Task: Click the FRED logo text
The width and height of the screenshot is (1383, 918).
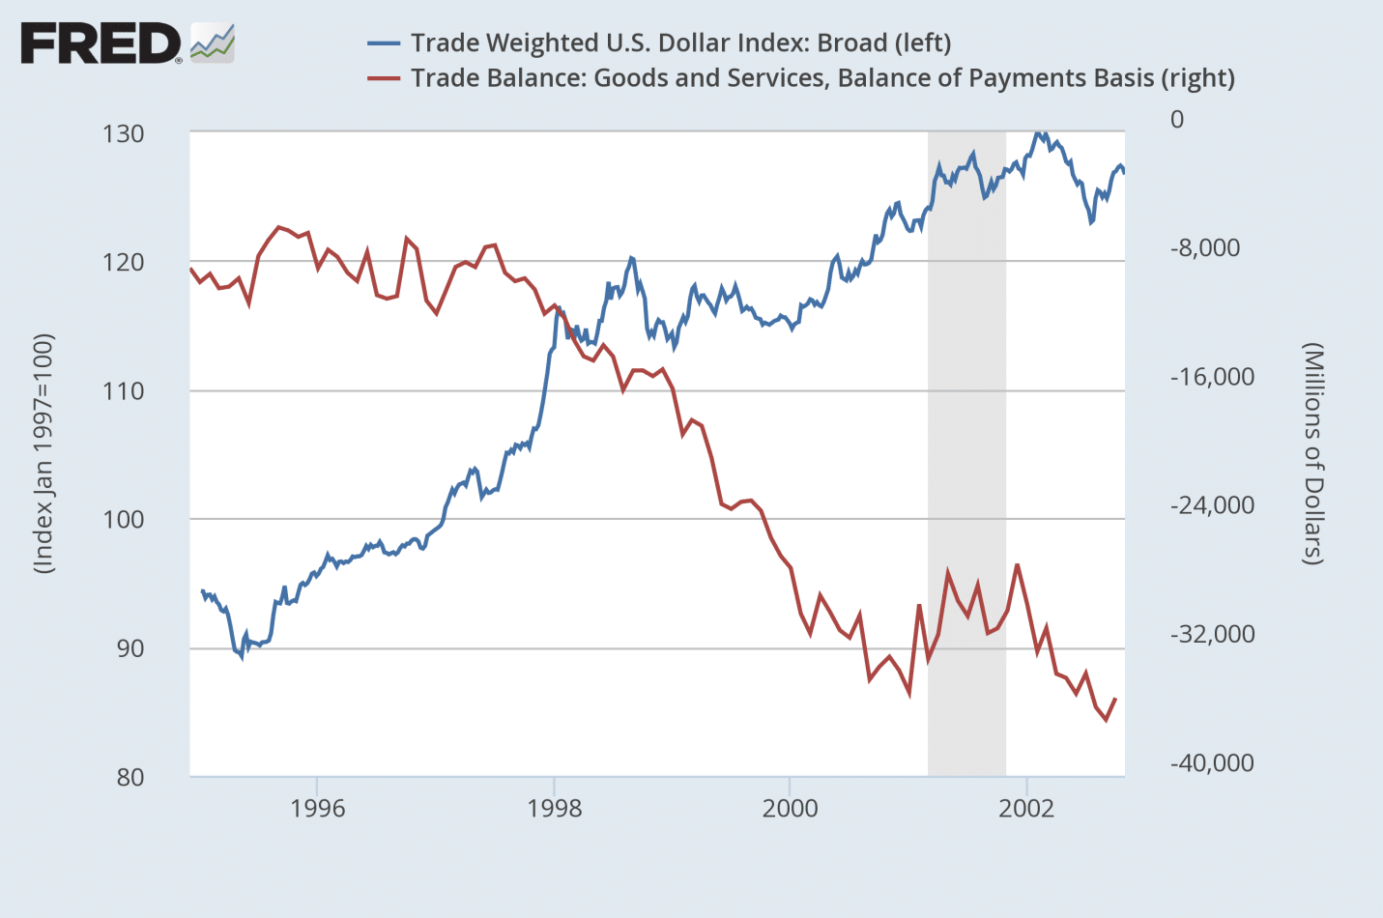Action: click(101, 44)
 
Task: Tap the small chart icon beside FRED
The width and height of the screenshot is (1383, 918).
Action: click(213, 43)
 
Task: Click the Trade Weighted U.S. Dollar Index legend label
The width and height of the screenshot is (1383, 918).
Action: click(680, 43)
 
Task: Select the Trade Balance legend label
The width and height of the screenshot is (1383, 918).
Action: click(822, 78)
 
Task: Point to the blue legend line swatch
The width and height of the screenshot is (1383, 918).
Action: click(384, 43)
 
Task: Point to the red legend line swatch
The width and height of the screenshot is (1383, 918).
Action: click(384, 78)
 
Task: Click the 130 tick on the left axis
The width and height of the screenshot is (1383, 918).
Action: click(124, 133)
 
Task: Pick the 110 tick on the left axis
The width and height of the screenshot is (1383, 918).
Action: click(124, 391)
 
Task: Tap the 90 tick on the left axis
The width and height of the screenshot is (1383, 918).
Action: click(130, 648)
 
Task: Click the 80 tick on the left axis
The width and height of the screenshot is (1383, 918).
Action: click(130, 777)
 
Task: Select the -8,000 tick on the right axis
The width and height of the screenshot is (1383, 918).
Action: click(1205, 247)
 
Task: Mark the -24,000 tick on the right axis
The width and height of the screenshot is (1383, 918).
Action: click(1212, 504)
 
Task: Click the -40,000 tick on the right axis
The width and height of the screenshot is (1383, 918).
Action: click(1212, 762)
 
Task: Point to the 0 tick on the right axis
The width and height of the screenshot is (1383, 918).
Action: click(1177, 119)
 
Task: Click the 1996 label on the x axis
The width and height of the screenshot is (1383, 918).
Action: click(318, 808)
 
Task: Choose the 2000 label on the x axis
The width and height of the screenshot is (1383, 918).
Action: click(790, 808)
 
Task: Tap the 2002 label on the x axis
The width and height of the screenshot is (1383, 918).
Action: click(1026, 808)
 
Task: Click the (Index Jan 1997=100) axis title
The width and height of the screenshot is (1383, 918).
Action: click(43, 454)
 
